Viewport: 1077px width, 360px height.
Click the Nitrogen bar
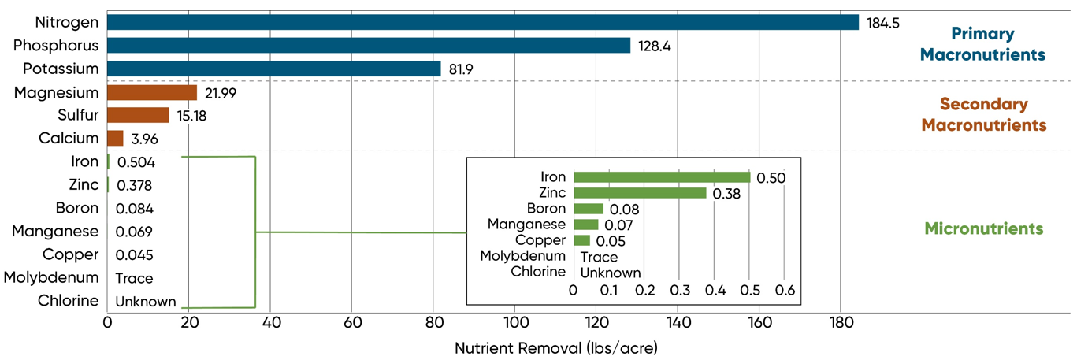[482, 22]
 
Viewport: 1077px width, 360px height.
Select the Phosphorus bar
[369, 46]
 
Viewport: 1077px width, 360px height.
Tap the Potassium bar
[273, 69]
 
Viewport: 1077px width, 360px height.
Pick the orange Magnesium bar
[152, 92]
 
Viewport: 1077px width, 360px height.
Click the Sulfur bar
[138, 115]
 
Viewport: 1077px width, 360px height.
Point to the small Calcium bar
[115, 139]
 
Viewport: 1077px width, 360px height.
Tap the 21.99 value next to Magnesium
[220, 93]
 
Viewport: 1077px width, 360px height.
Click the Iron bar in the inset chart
[662, 177]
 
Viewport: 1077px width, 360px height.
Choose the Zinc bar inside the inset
[640, 193]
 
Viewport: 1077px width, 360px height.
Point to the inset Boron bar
[589, 209]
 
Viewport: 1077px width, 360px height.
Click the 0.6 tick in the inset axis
[784, 290]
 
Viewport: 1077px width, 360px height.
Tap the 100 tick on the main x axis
[514, 322]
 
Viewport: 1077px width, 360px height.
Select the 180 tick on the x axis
[841, 322]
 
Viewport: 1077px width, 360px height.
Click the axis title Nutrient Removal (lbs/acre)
[556, 347]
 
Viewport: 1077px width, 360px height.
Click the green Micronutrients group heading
[983, 229]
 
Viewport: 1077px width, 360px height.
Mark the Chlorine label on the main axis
[69, 301]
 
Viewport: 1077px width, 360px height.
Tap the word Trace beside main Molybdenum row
[134, 278]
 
